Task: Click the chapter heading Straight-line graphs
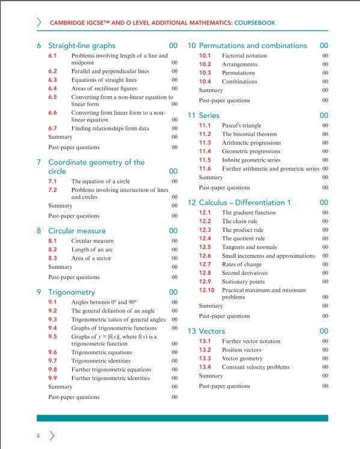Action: (x=81, y=46)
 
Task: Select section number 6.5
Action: (x=52, y=97)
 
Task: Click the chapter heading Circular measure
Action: (x=76, y=231)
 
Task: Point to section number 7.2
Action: (x=52, y=190)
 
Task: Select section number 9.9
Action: (x=52, y=378)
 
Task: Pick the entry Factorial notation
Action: (x=244, y=56)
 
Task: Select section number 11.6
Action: (x=205, y=169)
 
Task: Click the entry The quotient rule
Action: (x=243, y=239)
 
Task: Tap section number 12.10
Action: (x=206, y=290)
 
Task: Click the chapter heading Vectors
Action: (x=212, y=331)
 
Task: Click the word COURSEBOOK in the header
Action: (x=252, y=23)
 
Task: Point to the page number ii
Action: (x=38, y=435)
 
